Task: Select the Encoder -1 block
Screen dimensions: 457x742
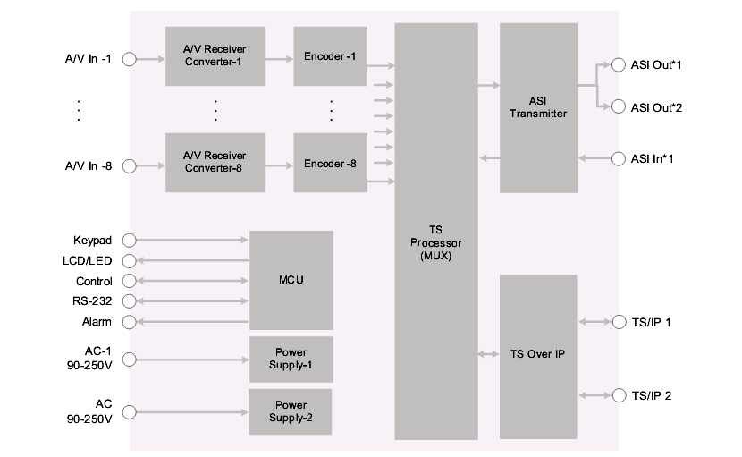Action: pyautogui.click(x=330, y=56)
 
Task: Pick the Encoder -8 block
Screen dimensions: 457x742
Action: pyautogui.click(x=330, y=163)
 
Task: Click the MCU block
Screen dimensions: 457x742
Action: pyautogui.click(x=291, y=280)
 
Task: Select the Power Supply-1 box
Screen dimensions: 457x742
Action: pyautogui.click(x=291, y=359)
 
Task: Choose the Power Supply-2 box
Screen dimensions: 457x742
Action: pyautogui.click(x=291, y=410)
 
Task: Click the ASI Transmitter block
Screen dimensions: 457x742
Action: pyautogui.click(x=538, y=107)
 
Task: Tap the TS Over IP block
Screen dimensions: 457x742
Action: pyautogui.click(x=538, y=354)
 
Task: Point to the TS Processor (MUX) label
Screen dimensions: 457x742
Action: pyautogui.click(x=436, y=242)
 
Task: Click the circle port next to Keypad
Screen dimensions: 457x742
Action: pyautogui.click(x=129, y=241)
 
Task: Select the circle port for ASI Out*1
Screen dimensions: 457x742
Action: pyautogui.click(x=618, y=64)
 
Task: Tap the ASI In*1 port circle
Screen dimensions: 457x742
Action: pyautogui.click(x=618, y=159)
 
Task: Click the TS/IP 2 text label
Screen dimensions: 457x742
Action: pyautogui.click(x=651, y=395)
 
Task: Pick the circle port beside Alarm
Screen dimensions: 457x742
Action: pyautogui.click(x=129, y=322)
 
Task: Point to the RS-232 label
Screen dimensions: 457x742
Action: pyautogui.click(x=92, y=301)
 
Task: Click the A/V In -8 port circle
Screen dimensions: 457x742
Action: pyautogui.click(x=129, y=165)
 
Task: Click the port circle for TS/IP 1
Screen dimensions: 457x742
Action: pyautogui.click(x=618, y=322)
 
